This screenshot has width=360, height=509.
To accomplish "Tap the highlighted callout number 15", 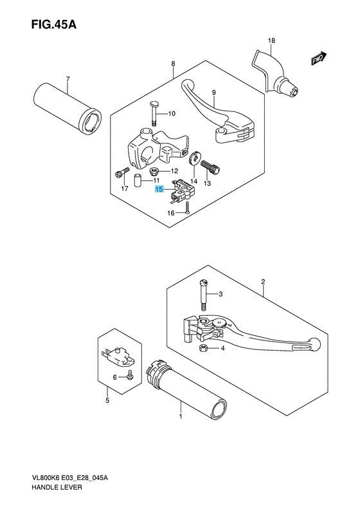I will pyautogui.click(x=159, y=190).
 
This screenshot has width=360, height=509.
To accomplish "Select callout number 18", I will pyautogui.click(x=271, y=41).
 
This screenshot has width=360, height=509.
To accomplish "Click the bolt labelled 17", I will pyautogui.click(x=118, y=173).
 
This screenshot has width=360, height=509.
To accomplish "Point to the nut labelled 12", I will pyautogui.click(x=154, y=172).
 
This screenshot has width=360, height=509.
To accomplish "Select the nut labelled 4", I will pyautogui.click(x=203, y=348).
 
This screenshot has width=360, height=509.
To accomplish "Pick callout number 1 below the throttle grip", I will pyautogui.click(x=181, y=416).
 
